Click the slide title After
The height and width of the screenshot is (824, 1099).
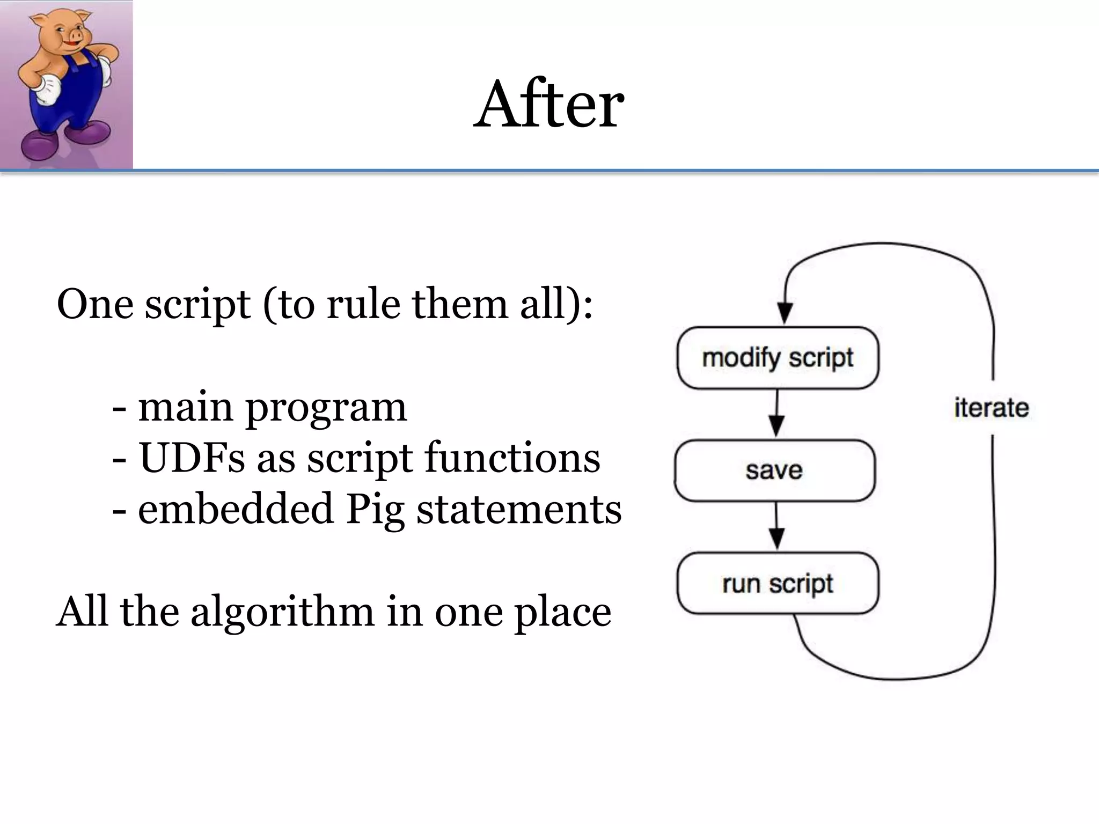point(548,105)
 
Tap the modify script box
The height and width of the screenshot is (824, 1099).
point(778,358)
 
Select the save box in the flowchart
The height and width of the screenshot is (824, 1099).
point(774,470)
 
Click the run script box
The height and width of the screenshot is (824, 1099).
point(778,583)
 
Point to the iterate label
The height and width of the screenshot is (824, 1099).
point(991,408)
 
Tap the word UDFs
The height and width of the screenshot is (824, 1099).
point(192,458)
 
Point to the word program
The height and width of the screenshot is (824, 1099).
point(326,408)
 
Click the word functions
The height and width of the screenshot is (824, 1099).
point(512,458)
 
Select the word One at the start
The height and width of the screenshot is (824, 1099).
point(95,304)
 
